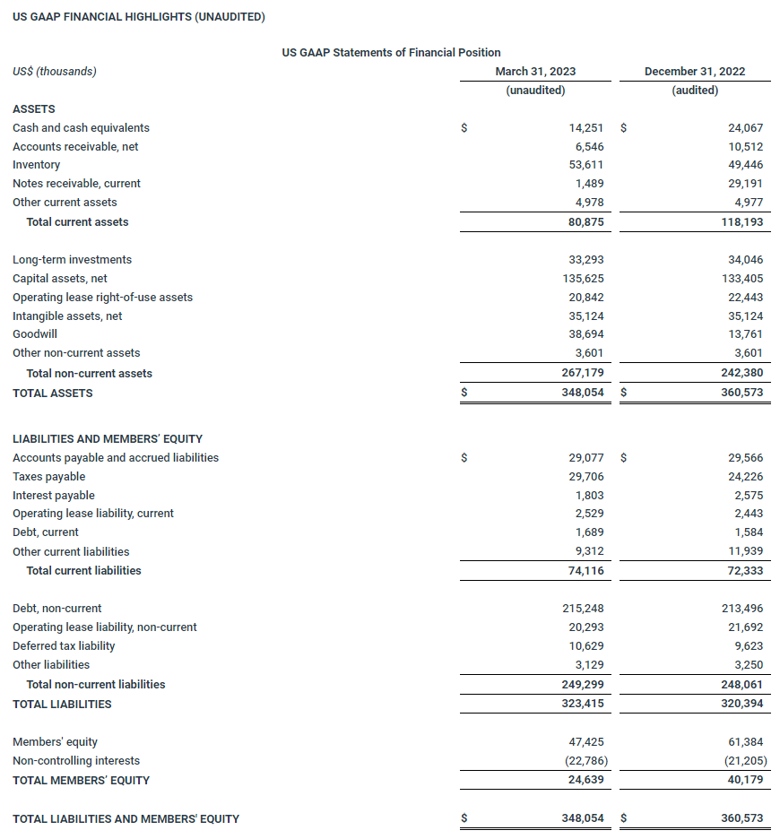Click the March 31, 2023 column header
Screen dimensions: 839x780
(x=535, y=72)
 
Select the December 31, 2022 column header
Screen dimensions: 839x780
(x=694, y=72)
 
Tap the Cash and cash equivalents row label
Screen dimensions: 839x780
(x=81, y=128)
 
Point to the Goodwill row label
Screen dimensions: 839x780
(x=35, y=334)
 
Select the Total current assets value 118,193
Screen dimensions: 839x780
(x=740, y=222)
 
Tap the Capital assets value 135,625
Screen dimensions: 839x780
(x=580, y=279)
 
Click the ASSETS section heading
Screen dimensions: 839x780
(x=33, y=109)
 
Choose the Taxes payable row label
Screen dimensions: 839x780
(x=49, y=477)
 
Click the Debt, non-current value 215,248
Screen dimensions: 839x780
(x=580, y=609)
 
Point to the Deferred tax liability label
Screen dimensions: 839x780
(x=64, y=646)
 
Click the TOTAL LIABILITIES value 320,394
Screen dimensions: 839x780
(x=740, y=705)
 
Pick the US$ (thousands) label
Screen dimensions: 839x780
(x=55, y=72)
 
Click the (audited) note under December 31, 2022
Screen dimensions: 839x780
(x=694, y=91)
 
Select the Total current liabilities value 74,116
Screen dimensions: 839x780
(x=583, y=571)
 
